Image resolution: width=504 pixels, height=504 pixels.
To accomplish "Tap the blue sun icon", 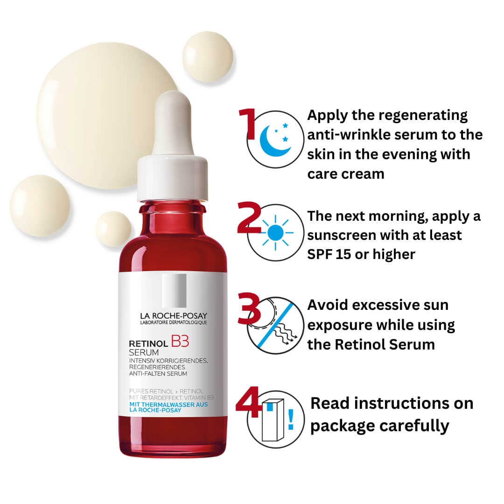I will pos(275,232).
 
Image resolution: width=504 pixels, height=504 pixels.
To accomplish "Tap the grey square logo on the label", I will pos(174,290).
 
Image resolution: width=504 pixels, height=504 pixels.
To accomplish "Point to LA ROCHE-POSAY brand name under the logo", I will pos(173,315).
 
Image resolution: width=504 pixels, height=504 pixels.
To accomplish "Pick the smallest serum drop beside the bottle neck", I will pos(113,229).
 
